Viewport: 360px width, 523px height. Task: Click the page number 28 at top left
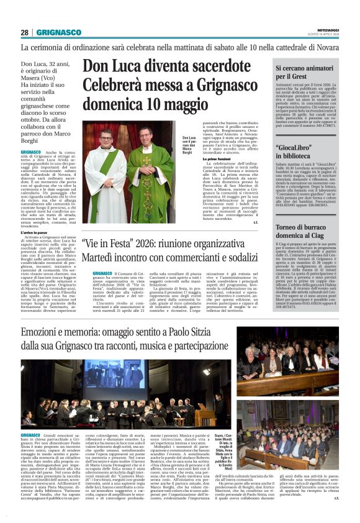tap(25, 32)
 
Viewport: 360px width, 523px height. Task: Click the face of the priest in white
tap(106, 138)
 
